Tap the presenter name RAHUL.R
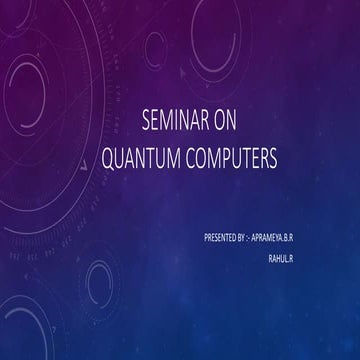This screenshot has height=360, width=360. tap(282, 257)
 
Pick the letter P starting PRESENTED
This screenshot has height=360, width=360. tap(204, 238)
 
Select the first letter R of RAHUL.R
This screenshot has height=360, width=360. tap(270, 257)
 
